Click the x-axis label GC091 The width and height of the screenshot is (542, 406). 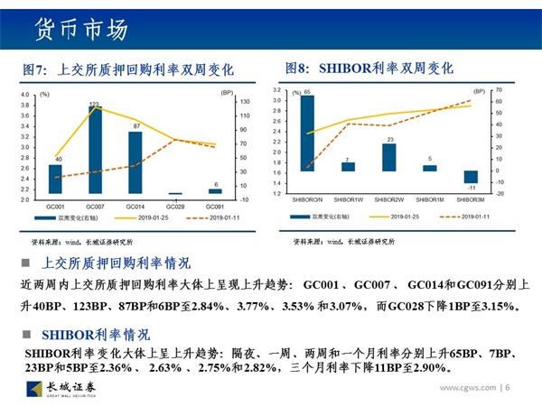pyautogui.click(x=215, y=207)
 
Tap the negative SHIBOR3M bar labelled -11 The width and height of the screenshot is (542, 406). pyautogui.click(x=470, y=178)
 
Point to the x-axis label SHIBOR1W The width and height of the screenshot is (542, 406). pyautogui.click(x=348, y=198)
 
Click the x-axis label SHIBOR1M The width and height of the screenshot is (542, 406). pyautogui.click(x=429, y=198)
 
